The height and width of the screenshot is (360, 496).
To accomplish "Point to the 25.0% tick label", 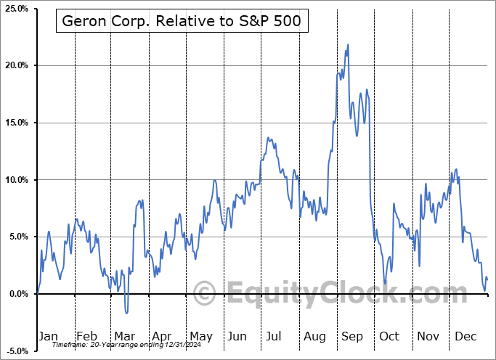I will [x=16, y=9].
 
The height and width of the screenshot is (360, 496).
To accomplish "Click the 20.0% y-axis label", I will [x=16, y=65].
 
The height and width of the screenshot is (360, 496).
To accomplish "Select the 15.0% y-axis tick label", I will [x=16, y=123].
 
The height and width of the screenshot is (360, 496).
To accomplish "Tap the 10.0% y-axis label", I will [x=16, y=179].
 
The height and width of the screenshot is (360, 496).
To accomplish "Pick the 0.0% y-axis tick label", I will [x=18, y=293].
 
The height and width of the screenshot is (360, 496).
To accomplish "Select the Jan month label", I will [x=47, y=336].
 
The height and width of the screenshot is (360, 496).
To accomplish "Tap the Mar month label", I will [x=124, y=336].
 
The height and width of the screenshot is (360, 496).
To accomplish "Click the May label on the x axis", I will [x=200, y=336].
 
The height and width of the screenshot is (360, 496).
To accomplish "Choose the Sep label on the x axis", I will [x=352, y=336].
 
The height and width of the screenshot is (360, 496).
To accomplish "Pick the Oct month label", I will [x=389, y=336].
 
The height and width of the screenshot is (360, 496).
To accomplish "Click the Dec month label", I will [x=465, y=336].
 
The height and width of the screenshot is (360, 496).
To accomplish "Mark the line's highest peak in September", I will [x=349, y=44].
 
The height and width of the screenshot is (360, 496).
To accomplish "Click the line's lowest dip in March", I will [x=126, y=314].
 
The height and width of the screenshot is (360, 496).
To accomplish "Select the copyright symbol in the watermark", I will [x=206, y=294].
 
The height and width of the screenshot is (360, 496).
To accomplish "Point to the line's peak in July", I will [x=267, y=137].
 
